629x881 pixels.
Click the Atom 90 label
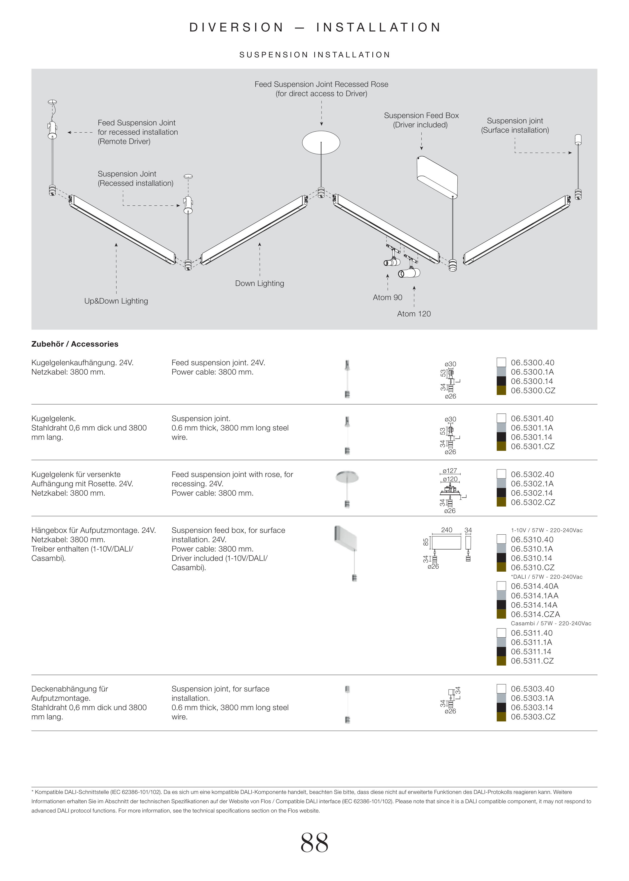(387, 298)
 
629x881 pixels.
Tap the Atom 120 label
(414, 314)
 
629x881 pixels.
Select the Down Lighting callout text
(259, 283)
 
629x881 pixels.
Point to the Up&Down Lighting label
(116, 301)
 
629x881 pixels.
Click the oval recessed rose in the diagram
(321, 142)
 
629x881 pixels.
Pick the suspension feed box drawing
(437, 177)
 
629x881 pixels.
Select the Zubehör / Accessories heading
(75, 344)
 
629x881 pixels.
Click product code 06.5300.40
(533, 363)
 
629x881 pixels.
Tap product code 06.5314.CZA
(535, 614)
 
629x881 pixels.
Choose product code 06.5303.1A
(532, 698)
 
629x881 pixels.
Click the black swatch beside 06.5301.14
(501, 437)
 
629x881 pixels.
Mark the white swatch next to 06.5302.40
(501, 474)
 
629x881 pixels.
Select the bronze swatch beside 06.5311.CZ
(501, 661)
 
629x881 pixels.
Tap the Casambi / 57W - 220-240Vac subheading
(551, 623)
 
